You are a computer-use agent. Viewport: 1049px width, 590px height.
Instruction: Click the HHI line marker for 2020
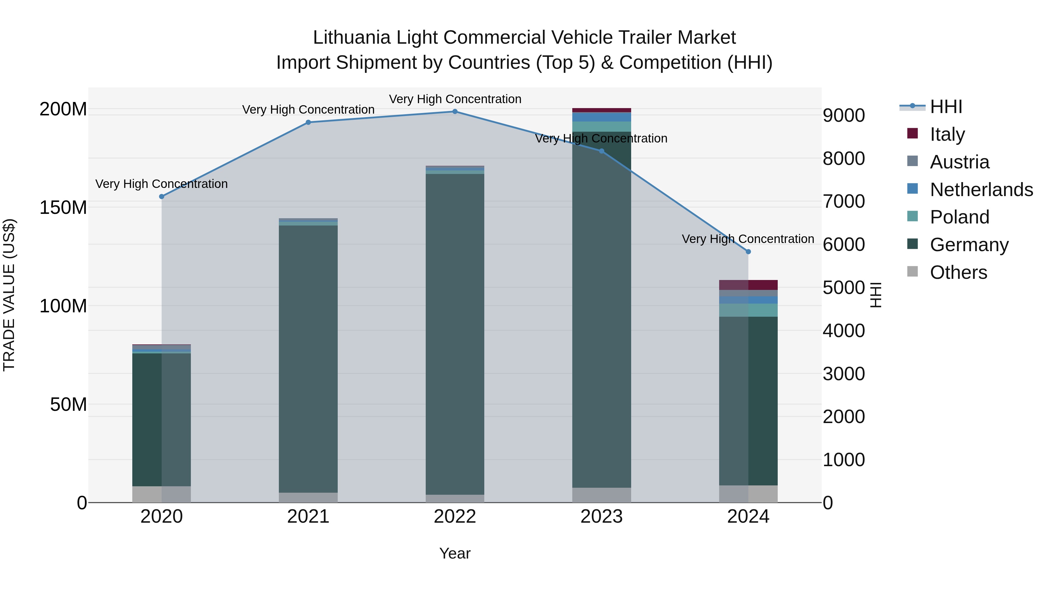point(162,197)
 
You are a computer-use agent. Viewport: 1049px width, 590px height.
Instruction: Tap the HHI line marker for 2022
point(455,112)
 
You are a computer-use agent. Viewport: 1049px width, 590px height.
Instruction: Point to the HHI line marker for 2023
point(601,151)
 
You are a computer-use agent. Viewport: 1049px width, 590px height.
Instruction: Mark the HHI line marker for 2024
point(748,252)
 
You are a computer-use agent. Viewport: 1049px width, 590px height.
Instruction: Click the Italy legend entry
point(947,134)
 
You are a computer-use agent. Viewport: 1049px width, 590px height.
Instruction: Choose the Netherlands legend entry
point(981,190)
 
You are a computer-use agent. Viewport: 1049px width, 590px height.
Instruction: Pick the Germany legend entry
point(969,245)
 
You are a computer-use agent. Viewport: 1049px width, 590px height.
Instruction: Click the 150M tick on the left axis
point(63,208)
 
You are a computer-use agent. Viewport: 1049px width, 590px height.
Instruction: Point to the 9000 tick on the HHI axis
point(844,116)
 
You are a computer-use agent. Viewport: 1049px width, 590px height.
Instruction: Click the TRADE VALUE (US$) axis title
point(9,295)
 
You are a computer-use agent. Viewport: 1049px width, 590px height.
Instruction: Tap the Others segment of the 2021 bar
point(308,498)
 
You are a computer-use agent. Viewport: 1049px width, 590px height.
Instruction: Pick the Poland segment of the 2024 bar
point(748,310)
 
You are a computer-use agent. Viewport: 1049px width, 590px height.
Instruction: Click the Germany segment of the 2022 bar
point(455,334)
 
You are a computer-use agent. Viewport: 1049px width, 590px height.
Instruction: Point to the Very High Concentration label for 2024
point(748,239)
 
